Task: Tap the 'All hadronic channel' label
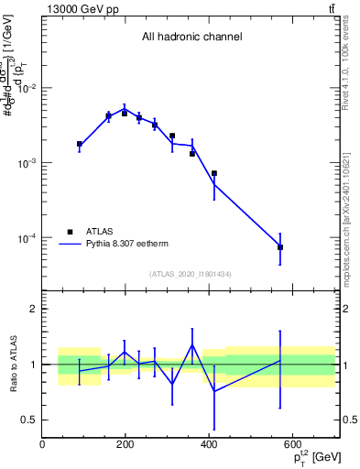click(x=191, y=37)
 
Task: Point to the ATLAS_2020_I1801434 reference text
click(x=190, y=274)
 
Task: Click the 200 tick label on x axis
click(x=125, y=444)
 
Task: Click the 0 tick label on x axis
click(x=43, y=444)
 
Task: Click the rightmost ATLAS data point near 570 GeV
click(x=280, y=247)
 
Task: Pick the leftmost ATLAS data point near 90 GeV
click(x=80, y=144)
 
